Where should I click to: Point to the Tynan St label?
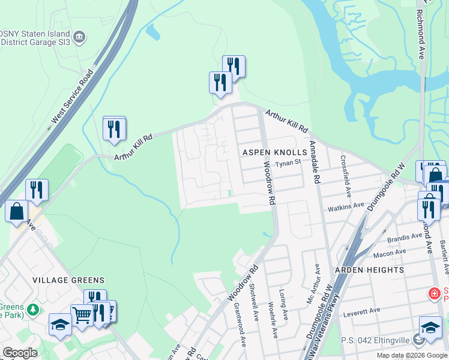288,163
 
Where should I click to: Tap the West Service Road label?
71,97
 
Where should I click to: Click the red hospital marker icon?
432,293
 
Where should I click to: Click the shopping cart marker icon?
82,313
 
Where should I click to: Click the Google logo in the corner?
20,353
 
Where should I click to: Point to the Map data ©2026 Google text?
412,355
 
